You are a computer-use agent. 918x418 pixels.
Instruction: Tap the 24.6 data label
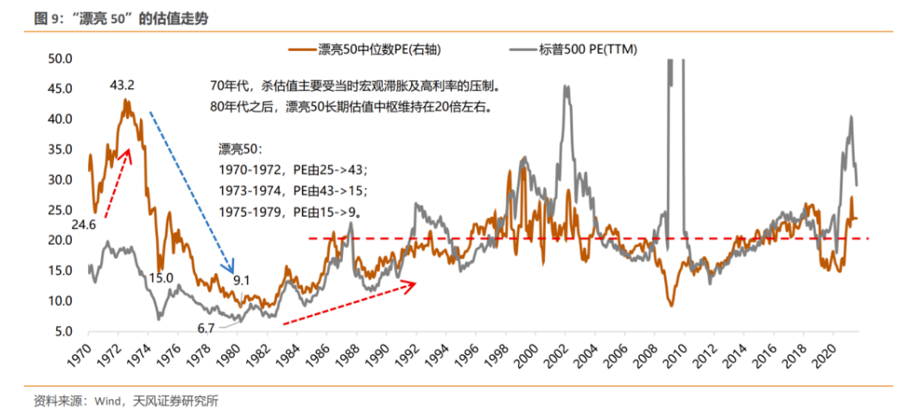coord(84,225)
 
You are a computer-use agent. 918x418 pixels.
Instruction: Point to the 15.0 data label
coord(161,277)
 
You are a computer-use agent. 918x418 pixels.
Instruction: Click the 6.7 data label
coord(206,328)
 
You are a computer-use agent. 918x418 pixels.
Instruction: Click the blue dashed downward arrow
coord(192,190)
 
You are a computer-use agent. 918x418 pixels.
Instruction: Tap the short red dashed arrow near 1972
coord(117,182)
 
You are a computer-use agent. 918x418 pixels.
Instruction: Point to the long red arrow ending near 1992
coord(349,302)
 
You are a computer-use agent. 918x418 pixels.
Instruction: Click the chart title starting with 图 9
coord(120,17)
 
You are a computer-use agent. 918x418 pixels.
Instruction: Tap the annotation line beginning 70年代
coord(354,86)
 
